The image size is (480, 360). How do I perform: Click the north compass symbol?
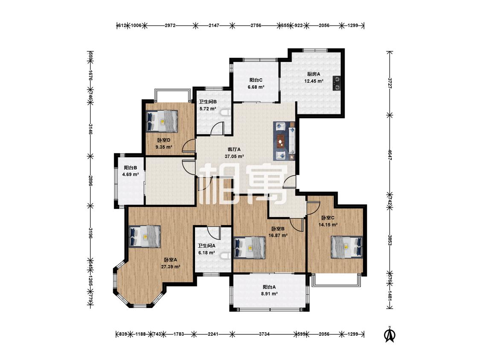tap(390, 334)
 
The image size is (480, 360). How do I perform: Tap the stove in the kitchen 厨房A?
tap(337, 83)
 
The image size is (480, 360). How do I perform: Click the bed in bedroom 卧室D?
tap(162, 121)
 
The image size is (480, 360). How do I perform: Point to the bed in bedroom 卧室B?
tap(250, 248)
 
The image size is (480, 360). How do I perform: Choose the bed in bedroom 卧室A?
tap(145, 236)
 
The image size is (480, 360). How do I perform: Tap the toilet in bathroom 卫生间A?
tap(227, 256)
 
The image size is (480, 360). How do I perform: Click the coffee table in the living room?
tap(281, 141)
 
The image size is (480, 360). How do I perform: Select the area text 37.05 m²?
tap(234, 157)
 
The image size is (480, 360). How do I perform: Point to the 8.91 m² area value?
tap(270, 294)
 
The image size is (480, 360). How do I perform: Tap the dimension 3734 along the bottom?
tap(264, 334)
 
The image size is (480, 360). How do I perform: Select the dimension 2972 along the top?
tap(170, 26)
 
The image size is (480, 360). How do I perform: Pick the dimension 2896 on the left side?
tap(90, 180)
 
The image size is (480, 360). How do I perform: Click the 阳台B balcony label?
tap(131, 168)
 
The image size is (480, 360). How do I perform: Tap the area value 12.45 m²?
tap(314, 81)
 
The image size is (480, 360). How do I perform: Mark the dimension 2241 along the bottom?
tap(213, 334)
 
